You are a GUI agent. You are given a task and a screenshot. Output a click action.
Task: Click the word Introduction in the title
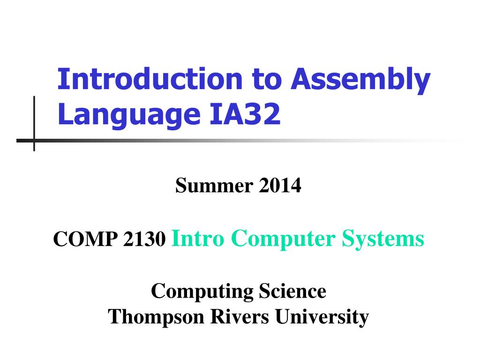tap(150, 79)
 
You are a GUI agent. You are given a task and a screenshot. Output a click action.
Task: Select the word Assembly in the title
tap(360, 81)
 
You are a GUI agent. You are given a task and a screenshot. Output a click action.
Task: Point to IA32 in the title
tap(245, 113)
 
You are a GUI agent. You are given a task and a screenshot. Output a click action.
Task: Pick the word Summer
tap(214, 185)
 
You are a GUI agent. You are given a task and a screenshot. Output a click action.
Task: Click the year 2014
tap(280, 185)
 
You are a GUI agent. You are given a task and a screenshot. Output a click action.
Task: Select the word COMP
tap(85, 239)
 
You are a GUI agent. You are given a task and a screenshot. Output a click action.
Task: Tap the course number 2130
tap(144, 239)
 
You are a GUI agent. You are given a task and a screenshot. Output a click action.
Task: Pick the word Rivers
tap(240, 316)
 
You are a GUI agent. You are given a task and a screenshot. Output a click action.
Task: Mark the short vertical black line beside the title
tap(34, 124)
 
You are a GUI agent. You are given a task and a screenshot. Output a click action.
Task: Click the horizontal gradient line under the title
tap(242, 141)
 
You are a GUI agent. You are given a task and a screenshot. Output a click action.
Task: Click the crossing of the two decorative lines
tap(34, 141)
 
